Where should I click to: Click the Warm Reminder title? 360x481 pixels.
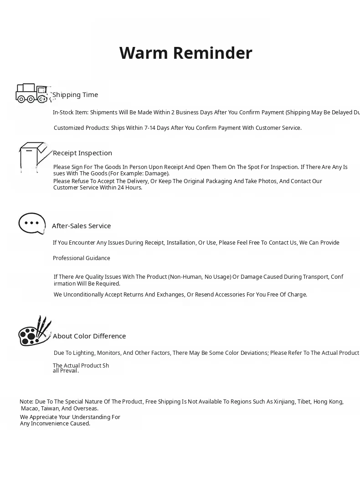tap(185, 53)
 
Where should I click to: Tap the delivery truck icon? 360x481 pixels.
tap(31, 93)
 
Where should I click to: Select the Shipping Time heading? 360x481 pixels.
tap(75, 95)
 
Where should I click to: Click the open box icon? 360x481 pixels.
tap(32, 156)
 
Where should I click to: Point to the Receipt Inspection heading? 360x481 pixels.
tap(82, 153)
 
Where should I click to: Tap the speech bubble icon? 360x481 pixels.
tap(32, 223)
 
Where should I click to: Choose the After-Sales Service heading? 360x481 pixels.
tap(82, 226)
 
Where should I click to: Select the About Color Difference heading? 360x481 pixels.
tap(89, 336)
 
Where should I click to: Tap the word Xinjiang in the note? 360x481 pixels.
tap(284, 402)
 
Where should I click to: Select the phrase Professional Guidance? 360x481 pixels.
tap(82, 258)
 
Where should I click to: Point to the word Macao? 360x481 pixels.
tap(30, 409)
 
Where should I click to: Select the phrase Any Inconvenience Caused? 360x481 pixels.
tap(55, 424)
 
